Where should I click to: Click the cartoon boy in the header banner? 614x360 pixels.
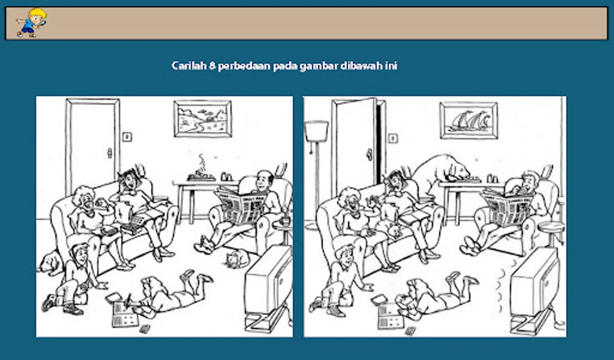pyautogui.click(x=32, y=23)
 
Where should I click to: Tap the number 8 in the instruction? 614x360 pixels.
pyautogui.click(x=212, y=66)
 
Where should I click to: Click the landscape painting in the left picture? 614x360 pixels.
pyautogui.click(x=203, y=119)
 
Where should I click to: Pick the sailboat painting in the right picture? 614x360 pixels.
pyautogui.click(x=469, y=120)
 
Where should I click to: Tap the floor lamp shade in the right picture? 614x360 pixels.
pyautogui.click(x=316, y=131)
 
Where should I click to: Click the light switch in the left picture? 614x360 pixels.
pyautogui.click(x=127, y=137)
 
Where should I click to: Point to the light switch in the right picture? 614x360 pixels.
pyautogui.click(x=393, y=138)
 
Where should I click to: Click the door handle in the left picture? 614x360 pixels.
pyautogui.click(x=110, y=153)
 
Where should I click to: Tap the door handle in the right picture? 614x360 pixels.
pyautogui.click(x=369, y=155)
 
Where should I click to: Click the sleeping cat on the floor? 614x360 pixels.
pyautogui.click(x=236, y=259)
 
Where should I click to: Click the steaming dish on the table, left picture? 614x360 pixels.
pyautogui.click(x=201, y=176)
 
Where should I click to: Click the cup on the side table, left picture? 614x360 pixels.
pyautogui.click(x=285, y=220)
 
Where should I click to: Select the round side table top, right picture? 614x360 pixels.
pyautogui.click(x=551, y=226)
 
